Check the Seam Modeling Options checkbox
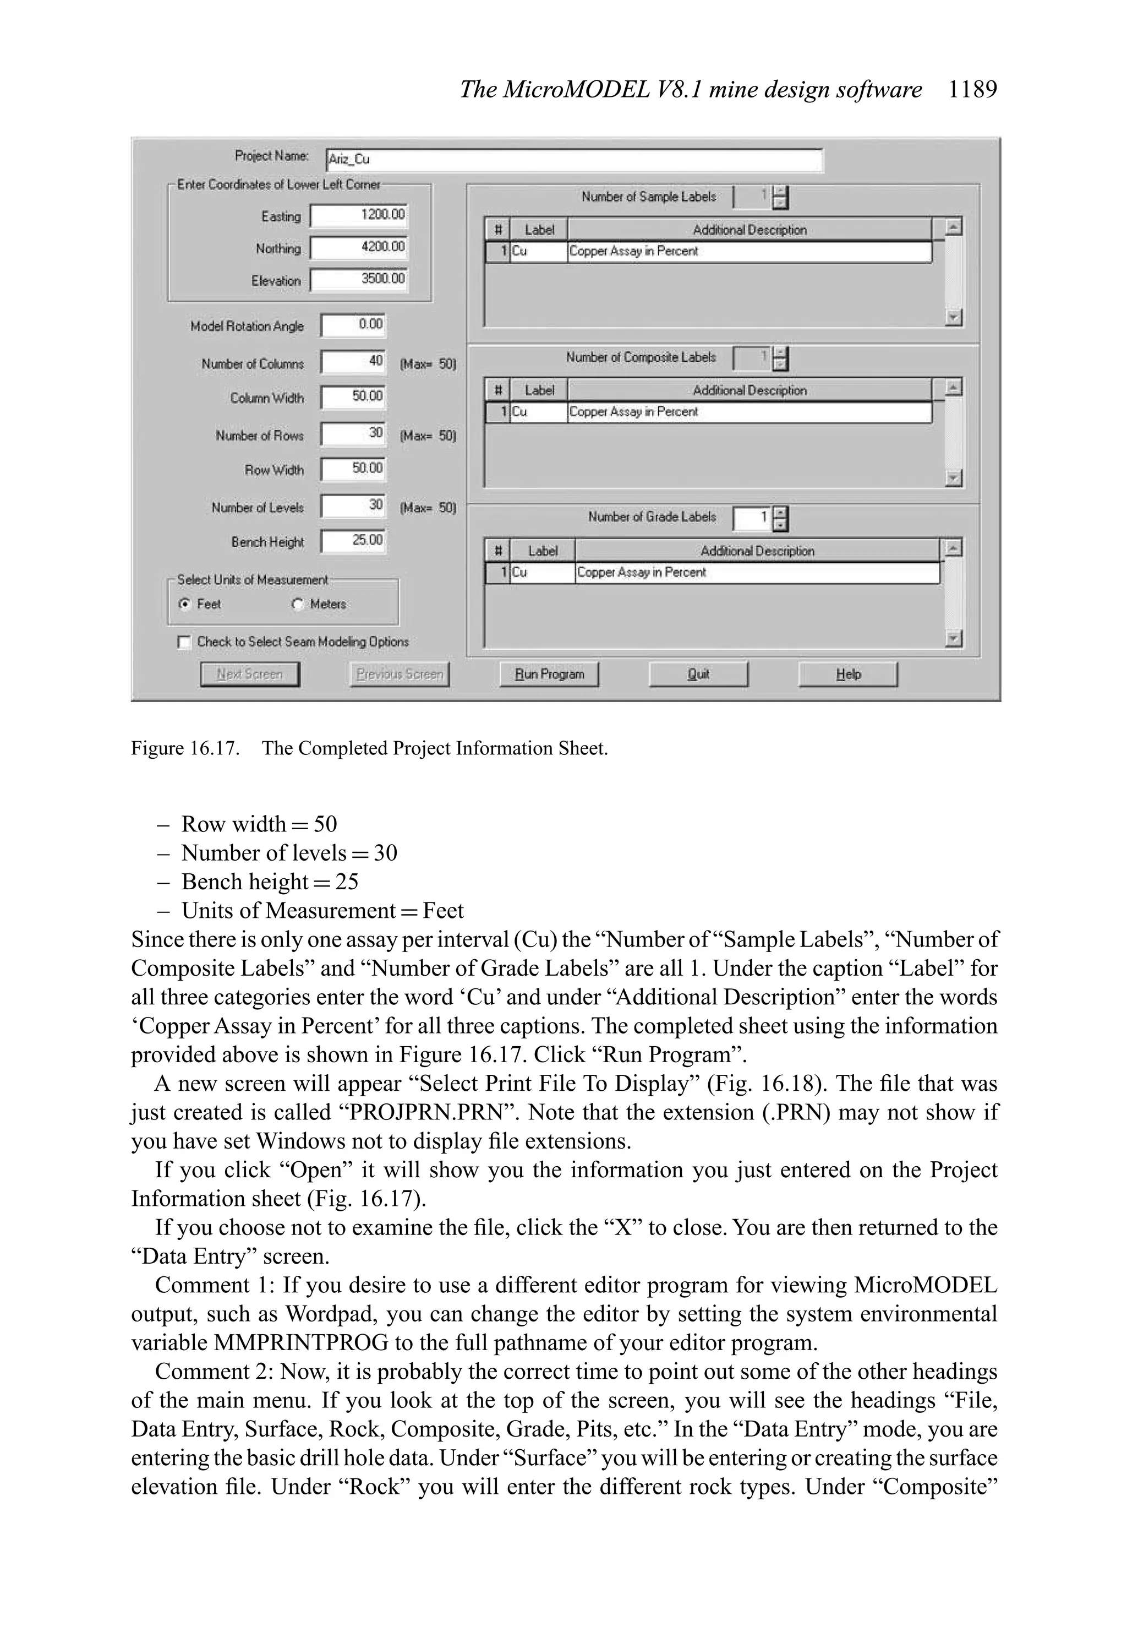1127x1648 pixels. pyautogui.click(x=184, y=642)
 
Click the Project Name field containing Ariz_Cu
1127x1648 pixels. pyautogui.click(x=574, y=160)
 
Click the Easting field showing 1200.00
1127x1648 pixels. pyautogui.click(x=359, y=215)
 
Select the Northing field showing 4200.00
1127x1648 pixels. pyautogui.click(x=359, y=247)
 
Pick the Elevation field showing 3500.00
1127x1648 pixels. pyautogui.click(x=359, y=279)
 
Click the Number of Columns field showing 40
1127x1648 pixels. pyautogui.click(x=353, y=361)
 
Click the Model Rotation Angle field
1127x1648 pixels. pyautogui.click(x=353, y=325)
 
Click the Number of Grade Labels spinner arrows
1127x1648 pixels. pyautogui.click(x=780, y=518)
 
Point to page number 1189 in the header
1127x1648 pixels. pyautogui.click(x=972, y=89)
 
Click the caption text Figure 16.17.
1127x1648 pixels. pyautogui.click(x=185, y=749)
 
